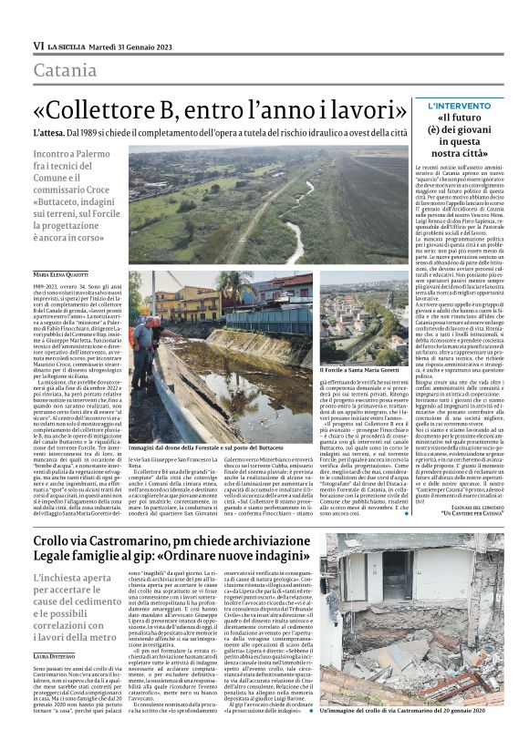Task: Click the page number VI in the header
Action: click(38, 45)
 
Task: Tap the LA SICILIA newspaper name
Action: click(67, 45)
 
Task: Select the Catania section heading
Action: click(64, 70)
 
